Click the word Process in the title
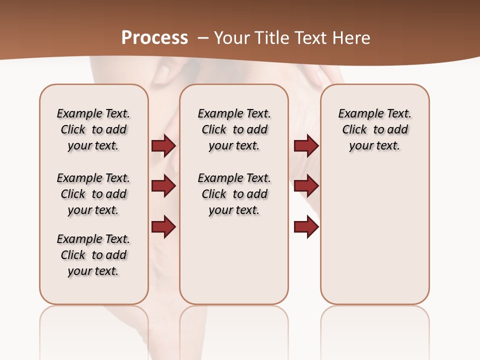(x=154, y=37)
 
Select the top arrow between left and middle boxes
(x=163, y=145)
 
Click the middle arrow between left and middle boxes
(x=163, y=186)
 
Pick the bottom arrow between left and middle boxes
(x=163, y=226)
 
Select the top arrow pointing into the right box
(x=306, y=145)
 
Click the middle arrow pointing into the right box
(x=306, y=186)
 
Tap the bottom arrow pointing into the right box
(x=306, y=226)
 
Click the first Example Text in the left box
(x=93, y=113)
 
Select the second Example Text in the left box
(x=93, y=178)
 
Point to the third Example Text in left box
(x=93, y=239)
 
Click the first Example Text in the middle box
(x=234, y=113)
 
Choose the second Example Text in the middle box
(x=234, y=178)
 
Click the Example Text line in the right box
(x=374, y=113)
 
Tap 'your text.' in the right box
(x=374, y=145)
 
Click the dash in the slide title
(x=203, y=38)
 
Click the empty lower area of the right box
(x=374, y=240)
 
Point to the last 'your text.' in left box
(x=93, y=271)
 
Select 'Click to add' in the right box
(x=374, y=129)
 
